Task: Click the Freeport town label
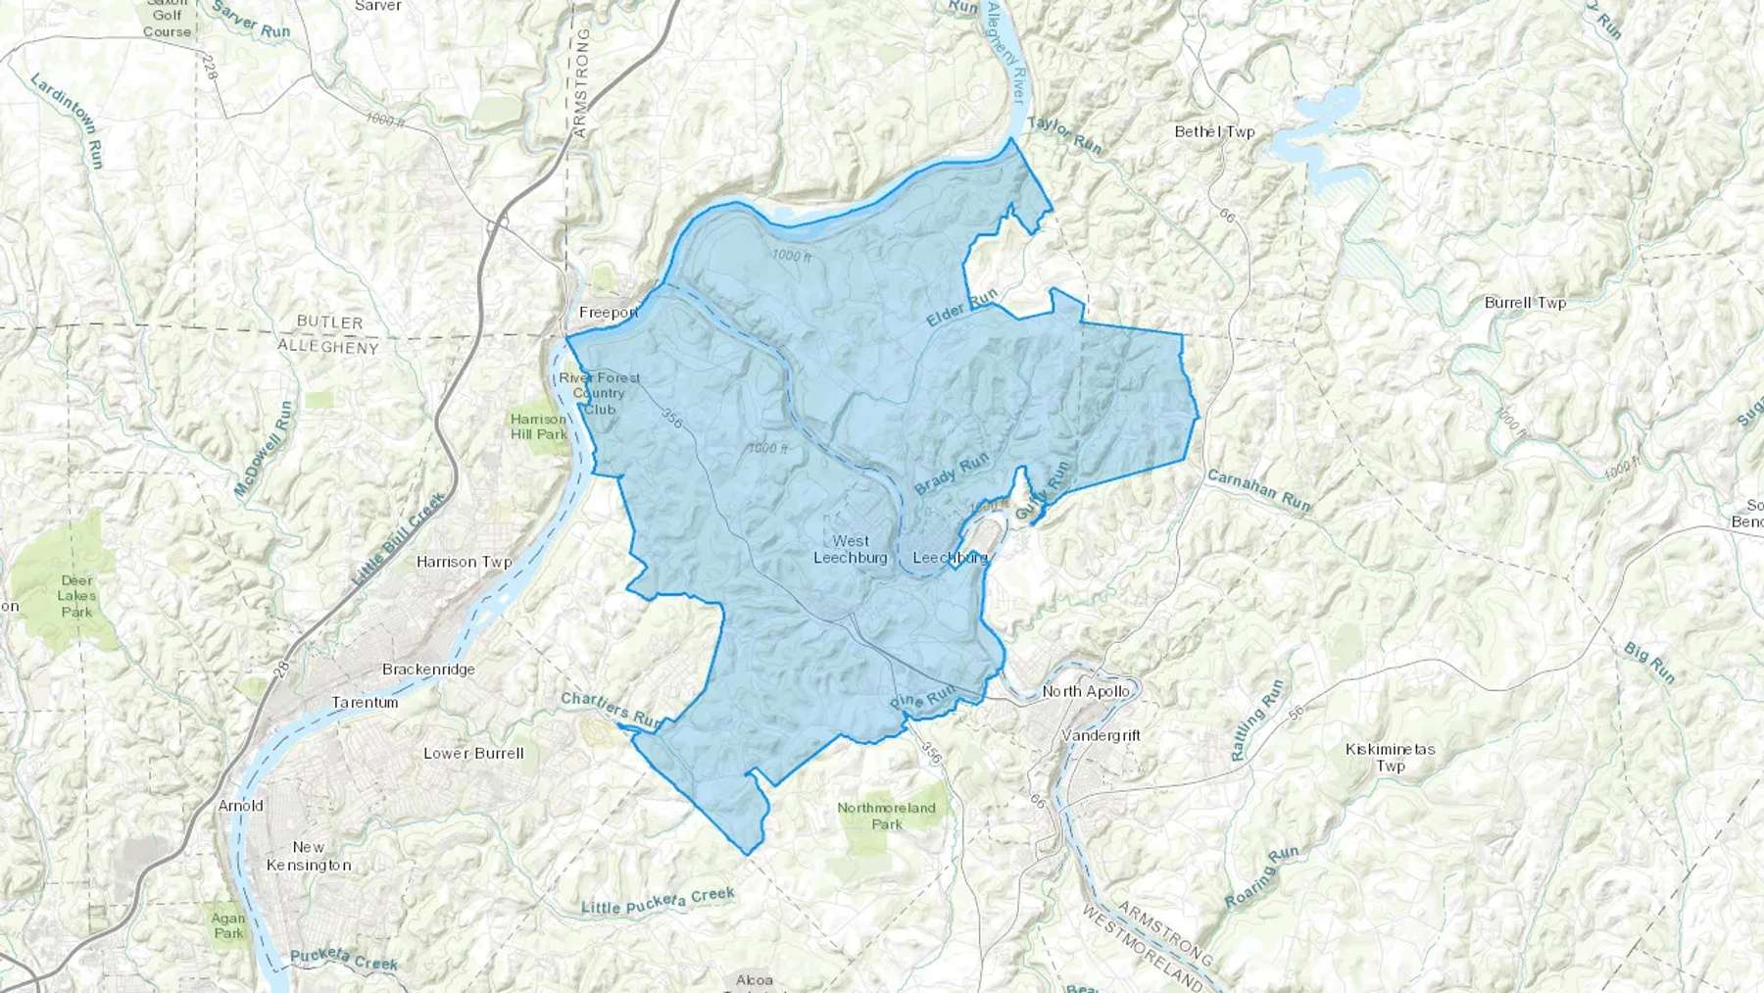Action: click(609, 313)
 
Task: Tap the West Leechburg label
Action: click(851, 549)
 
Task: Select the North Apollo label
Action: click(1086, 691)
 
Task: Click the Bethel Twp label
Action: click(1214, 131)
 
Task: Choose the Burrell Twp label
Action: click(1525, 303)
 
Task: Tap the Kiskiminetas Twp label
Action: click(1390, 757)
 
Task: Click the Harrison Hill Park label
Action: click(539, 426)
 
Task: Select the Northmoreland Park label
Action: click(886, 816)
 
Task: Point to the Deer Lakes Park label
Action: click(76, 595)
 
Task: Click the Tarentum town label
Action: click(365, 702)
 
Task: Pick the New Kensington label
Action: click(309, 856)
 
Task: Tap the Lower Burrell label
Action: click(473, 754)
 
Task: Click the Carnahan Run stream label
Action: click(1258, 489)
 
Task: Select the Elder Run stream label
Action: click(961, 308)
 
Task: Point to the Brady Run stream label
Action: click(952, 473)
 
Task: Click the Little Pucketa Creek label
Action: click(658, 901)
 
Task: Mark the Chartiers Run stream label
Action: click(612, 711)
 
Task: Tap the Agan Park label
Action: click(228, 925)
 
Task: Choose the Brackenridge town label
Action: click(428, 670)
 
